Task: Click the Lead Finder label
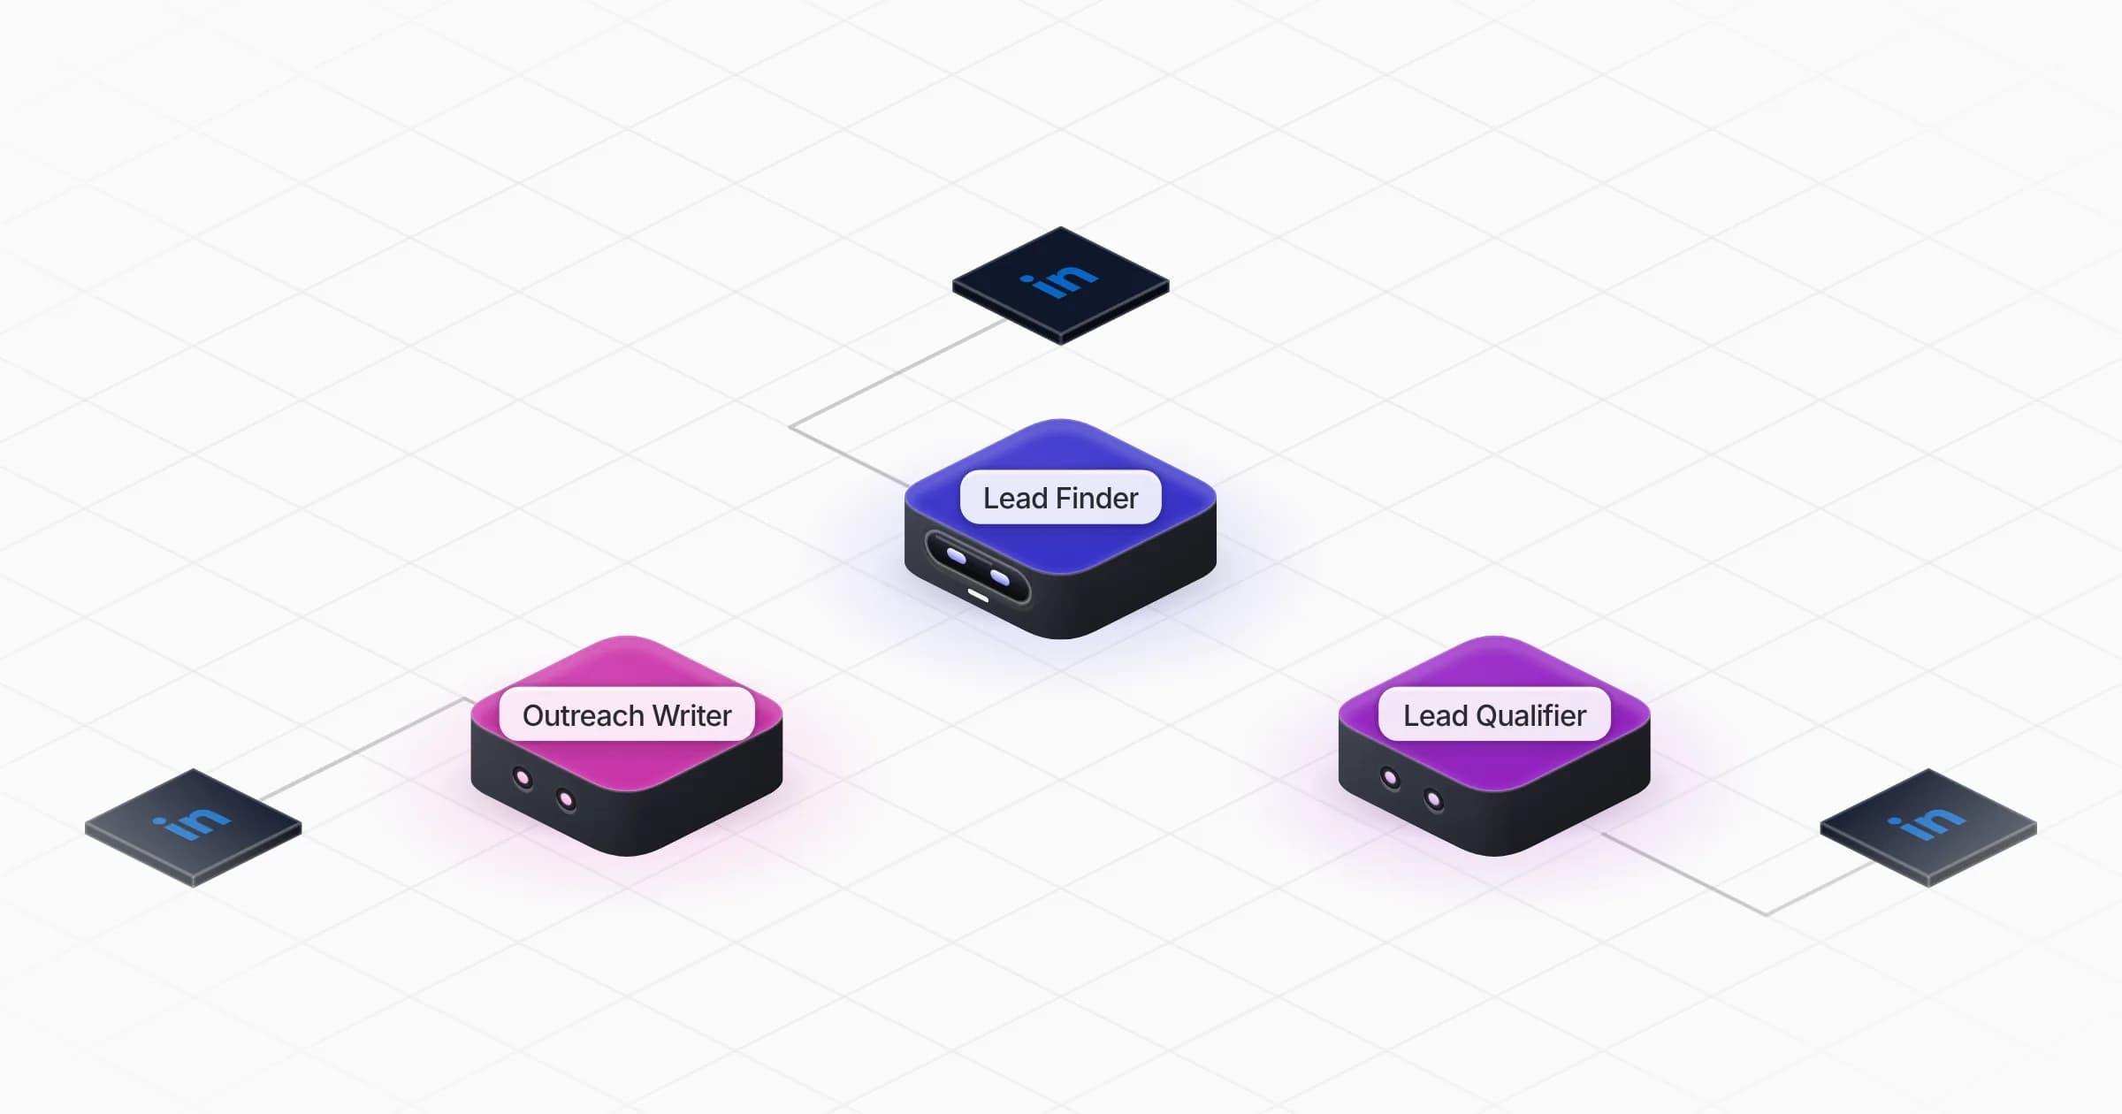pyautogui.click(x=1060, y=498)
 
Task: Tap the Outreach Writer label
pyautogui.click(x=627, y=714)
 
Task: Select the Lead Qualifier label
pyautogui.click(x=1494, y=714)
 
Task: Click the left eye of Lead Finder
pyautogui.click(x=956, y=556)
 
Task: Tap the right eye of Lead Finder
pyautogui.click(x=1000, y=577)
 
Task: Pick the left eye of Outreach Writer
pyautogui.click(x=523, y=779)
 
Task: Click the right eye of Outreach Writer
pyautogui.click(x=566, y=801)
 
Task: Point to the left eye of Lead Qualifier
pyautogui.click(x=1390, y=779)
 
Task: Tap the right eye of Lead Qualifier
pyautogui.click(x=1433, y=801)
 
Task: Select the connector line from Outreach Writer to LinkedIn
pyautogui.click(x=364, y=749)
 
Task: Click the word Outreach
pyautogui.click(x=583, y=715)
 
